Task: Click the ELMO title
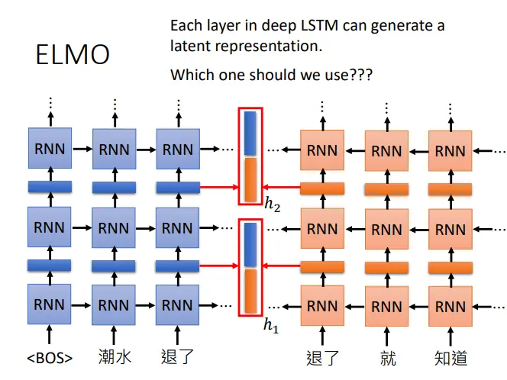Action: click(x=73, y=55)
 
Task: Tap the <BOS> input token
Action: click(x=50, y=358)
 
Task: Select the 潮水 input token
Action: click(x=115, y=357)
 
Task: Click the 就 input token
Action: click(x=388, y=359)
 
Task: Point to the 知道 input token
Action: click(x=450, y=359)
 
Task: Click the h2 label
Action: click(x=272, y=204)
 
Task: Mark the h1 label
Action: click(x=271, y=325)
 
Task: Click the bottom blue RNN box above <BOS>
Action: click(x=49, y=304)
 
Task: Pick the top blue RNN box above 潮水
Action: click(x=114, y=149)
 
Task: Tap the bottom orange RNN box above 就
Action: click(x=386, y=306)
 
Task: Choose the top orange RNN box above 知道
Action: click(x=450, y=151)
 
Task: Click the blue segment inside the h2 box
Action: click(x=250, y=134)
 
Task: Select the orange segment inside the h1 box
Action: click(x=250, y=291)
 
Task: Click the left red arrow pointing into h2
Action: click(x=219, y=187)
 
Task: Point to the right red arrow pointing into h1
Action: click(x=281, y=266)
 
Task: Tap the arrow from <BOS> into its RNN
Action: click(x=49, y=334)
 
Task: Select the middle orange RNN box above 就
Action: click(x=386, y=229)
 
